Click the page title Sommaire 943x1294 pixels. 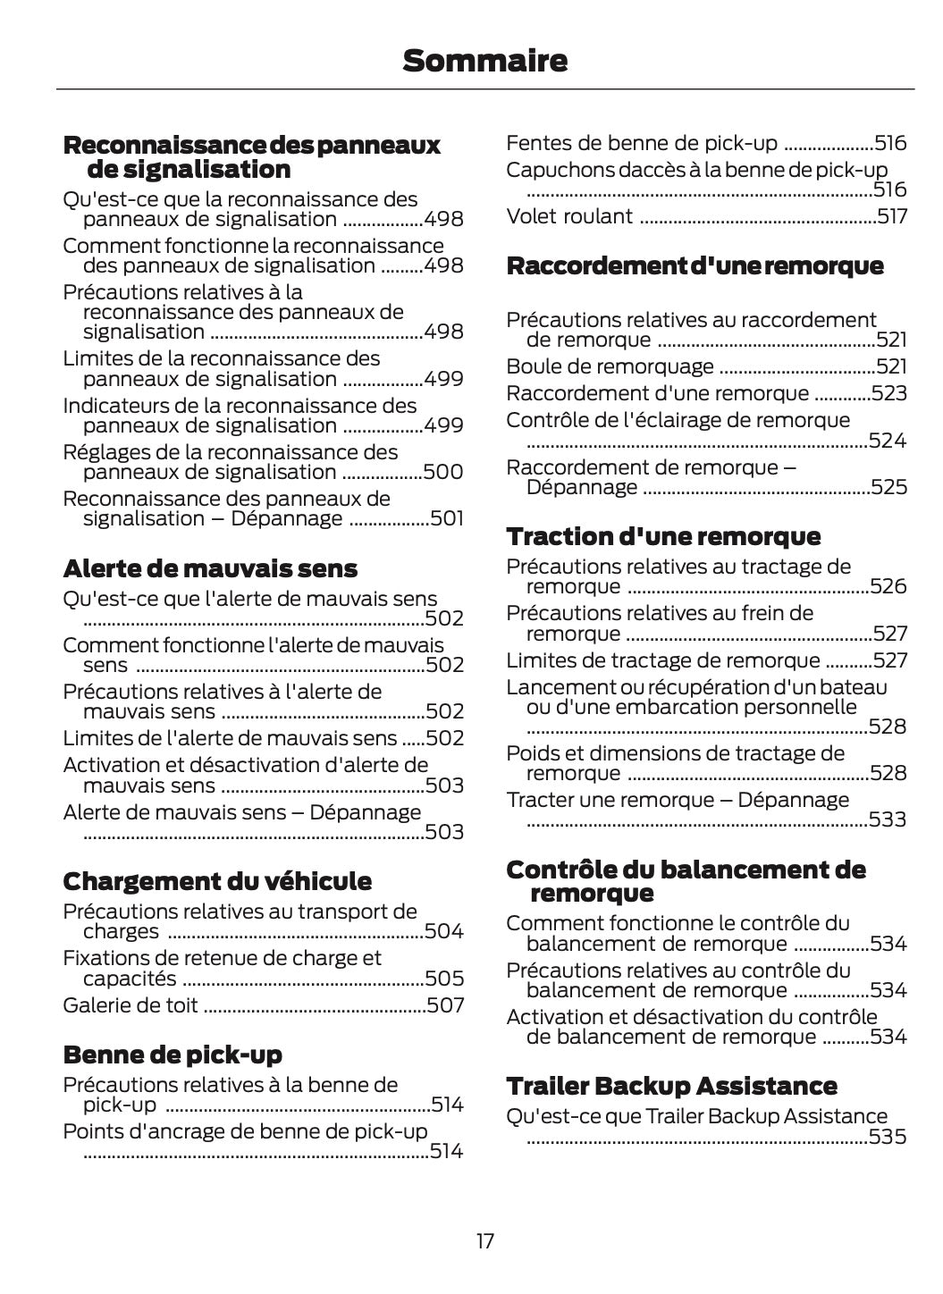pyautogui.click(x=484, y=61)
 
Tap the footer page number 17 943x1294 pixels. pyautogui.click(x=484, y=1241)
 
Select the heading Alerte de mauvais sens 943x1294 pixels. pyautogui.click(x=210, y=568)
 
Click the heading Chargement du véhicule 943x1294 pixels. pyautogui.click(x=217, y=881)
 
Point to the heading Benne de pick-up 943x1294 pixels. pyautogui.click(x=173, y=1055)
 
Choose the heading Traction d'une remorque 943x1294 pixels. pyautogui.click(x=663, y=536)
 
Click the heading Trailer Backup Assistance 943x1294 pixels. pyautogui.click(x=671, y=1086)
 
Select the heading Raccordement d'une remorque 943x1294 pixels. pyautogui.click(x=695, y=265)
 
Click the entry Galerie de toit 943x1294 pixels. pyautogui.click(x=131, y=1005)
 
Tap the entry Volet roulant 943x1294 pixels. pyautogui.click(x=569, y=216)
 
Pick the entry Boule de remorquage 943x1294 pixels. pyautogui.click(x=610, y=366)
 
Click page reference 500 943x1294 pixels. pyautogui.click(x=443, y=472)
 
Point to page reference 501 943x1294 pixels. pyautogui.click(x=447, y=518)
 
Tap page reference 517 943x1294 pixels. pyautogui.click(x=891, y=216)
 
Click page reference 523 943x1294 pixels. pyautogui.click(x=888, y=393)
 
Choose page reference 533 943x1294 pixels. pyautogui.click(x=888, y=819)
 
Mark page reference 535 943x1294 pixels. pyautogui.click(x=888, y=1137)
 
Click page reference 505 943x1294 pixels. pyautogui.click(x=444, y=979)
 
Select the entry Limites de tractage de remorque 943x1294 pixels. pyautogui.click(x=662, y=660)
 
